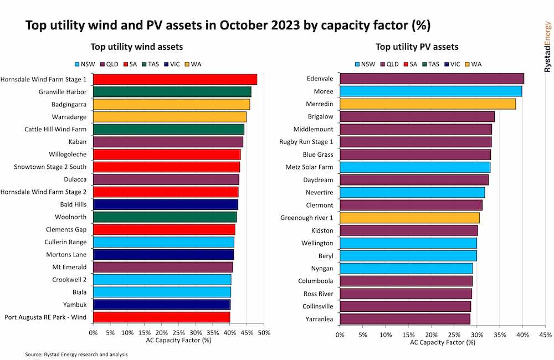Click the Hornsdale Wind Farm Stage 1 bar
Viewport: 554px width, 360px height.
point(175,79)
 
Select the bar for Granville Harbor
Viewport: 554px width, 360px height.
point(172,91)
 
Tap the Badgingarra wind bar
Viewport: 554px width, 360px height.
point(171,104)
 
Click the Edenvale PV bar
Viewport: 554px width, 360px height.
point(432,79)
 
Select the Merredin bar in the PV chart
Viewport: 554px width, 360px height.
point(427,104)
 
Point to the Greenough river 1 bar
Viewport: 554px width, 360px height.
point(409,218)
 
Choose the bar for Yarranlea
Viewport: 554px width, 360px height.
point(404,318)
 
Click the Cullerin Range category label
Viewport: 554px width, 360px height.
point(65,242)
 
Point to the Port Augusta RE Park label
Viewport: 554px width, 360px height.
point(45,317)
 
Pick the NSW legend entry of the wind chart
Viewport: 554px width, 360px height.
point(85,64)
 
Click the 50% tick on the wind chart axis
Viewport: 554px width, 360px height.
point(264,333)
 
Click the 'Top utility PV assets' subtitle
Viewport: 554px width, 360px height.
point(417,47)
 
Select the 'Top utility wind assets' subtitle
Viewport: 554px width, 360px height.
point(137,47)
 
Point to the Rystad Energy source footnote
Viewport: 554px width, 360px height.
point(76,354)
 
